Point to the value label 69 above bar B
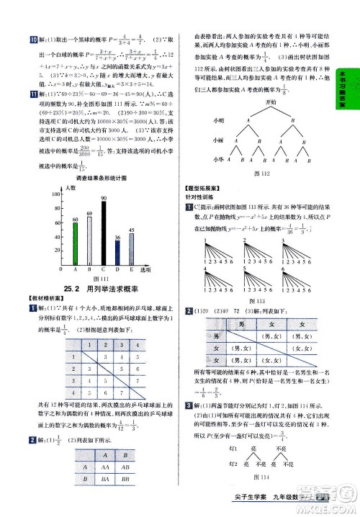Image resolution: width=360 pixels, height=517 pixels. (89, 214)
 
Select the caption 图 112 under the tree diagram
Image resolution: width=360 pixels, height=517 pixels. (270, 172)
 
